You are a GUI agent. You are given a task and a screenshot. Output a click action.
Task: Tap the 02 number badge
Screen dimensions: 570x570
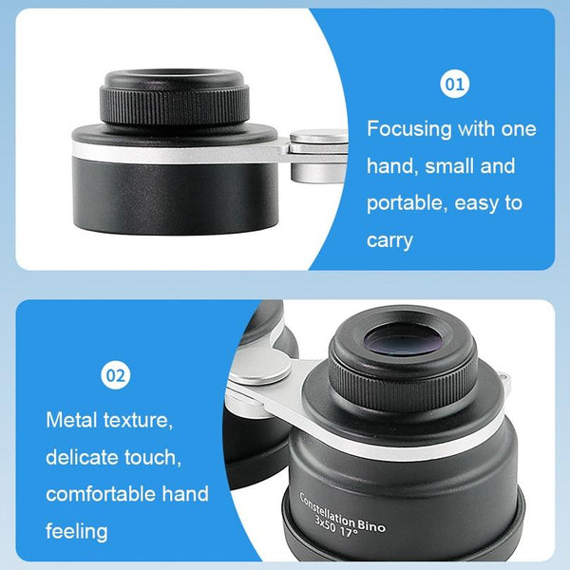(114, 376)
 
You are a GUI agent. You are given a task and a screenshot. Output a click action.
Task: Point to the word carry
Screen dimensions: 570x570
(389, 240)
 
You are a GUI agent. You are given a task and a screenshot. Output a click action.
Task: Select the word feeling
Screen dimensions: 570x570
(77, 530)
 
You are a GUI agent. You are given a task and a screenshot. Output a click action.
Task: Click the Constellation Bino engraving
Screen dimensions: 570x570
(343, 513)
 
